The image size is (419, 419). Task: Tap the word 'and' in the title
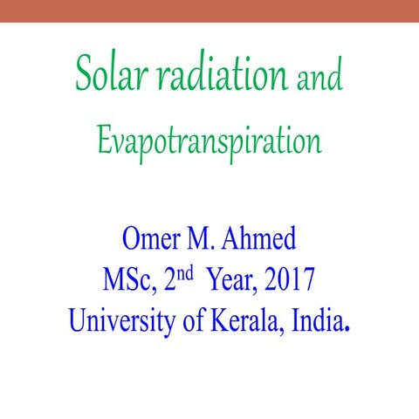pos(319,79)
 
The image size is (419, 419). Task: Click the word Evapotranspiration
pos(210,141)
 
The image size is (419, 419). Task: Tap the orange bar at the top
pos(209,10)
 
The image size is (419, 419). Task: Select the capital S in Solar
pos(84,75)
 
